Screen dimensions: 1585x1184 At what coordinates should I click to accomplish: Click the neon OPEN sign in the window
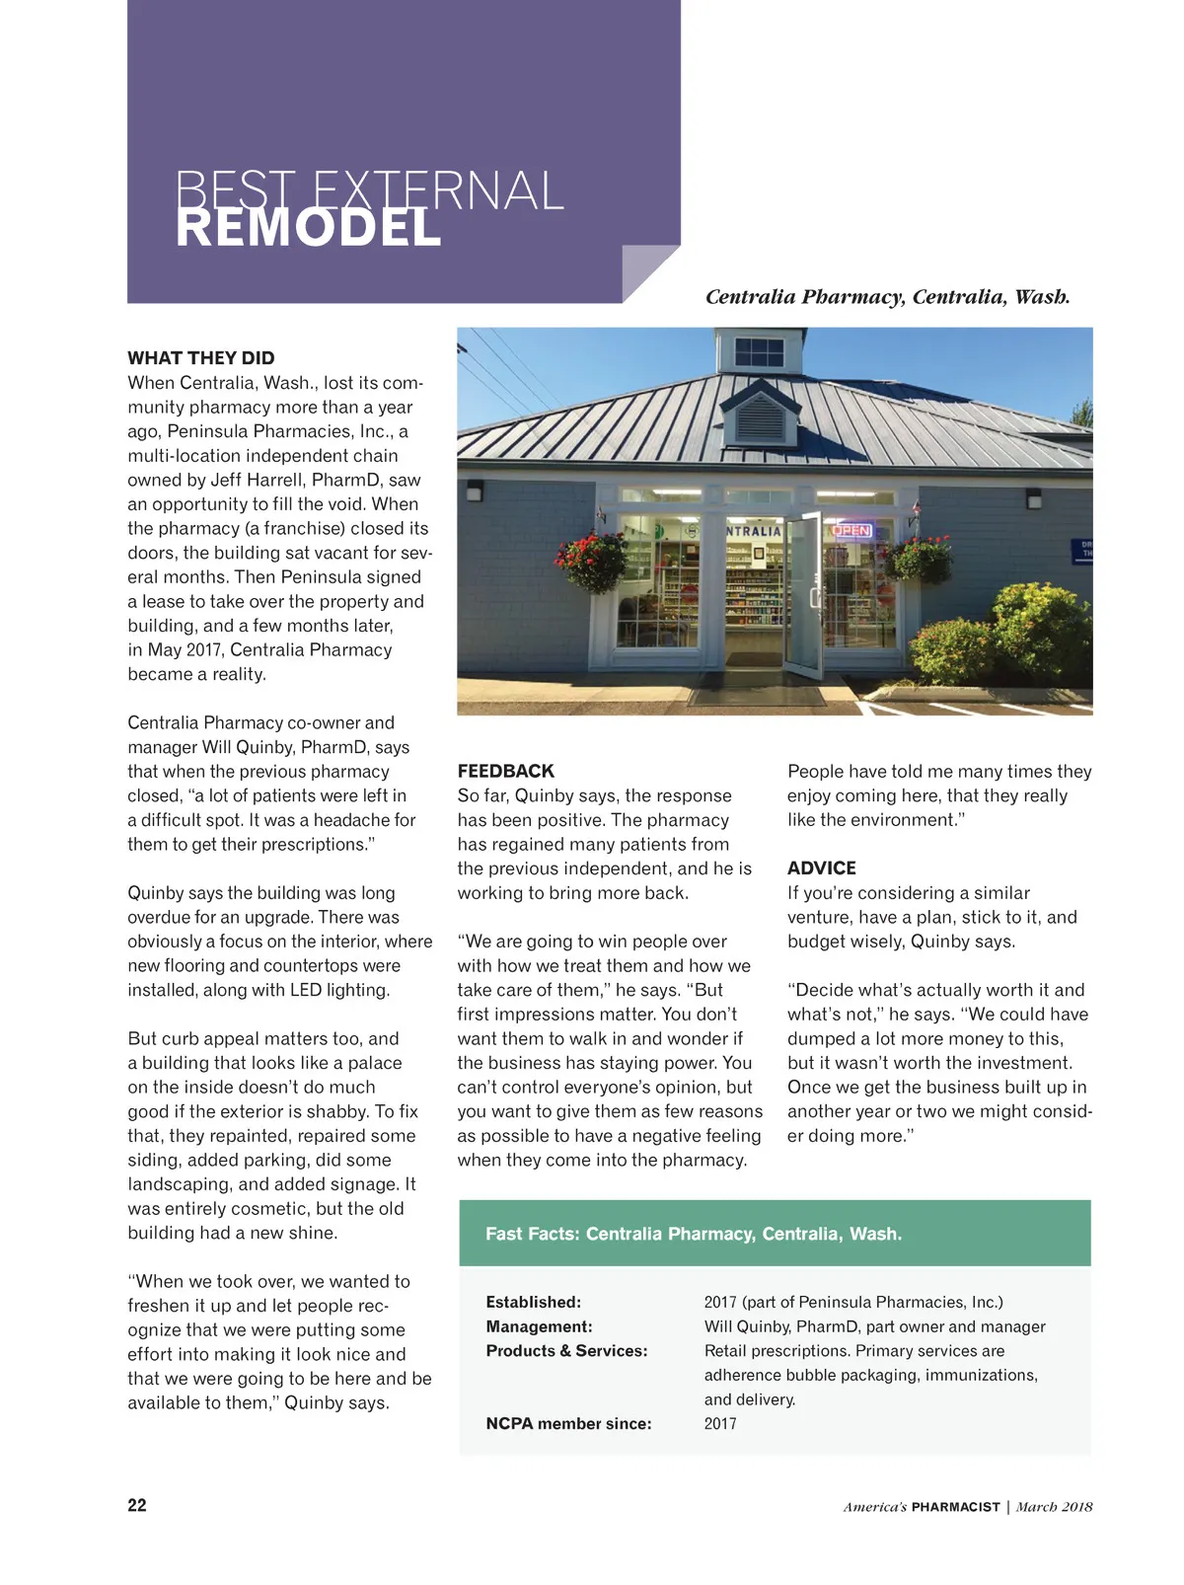click(851, 531)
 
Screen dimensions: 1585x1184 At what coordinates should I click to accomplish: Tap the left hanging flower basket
click(594, 558)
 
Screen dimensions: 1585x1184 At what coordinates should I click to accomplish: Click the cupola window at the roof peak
click(759, 352)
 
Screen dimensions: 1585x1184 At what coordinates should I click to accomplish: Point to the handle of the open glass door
click(813, 596)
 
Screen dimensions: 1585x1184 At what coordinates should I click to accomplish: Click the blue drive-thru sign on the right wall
click(1082, 550)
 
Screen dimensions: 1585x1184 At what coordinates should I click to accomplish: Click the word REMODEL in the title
click(308, 229)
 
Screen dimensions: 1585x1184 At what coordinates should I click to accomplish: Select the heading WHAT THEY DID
click(201, 358)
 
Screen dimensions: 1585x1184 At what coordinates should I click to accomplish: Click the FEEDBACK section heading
click(505, 772)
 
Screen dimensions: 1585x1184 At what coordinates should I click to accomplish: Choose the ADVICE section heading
click(821, 868)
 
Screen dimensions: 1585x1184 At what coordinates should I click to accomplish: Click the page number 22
click(137, 1505)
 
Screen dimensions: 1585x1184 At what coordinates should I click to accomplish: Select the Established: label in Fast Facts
click(533, 1303)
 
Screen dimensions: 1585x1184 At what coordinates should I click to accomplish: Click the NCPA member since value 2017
click(720, 1424)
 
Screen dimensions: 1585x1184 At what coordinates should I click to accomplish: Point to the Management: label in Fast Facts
click(539, 1327)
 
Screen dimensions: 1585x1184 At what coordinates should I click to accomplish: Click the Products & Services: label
click(566, 1351)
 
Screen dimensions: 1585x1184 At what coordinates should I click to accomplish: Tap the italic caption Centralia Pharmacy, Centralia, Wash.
click(887, 297)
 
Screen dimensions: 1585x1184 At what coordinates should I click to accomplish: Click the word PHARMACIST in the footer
click(955, 1507)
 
